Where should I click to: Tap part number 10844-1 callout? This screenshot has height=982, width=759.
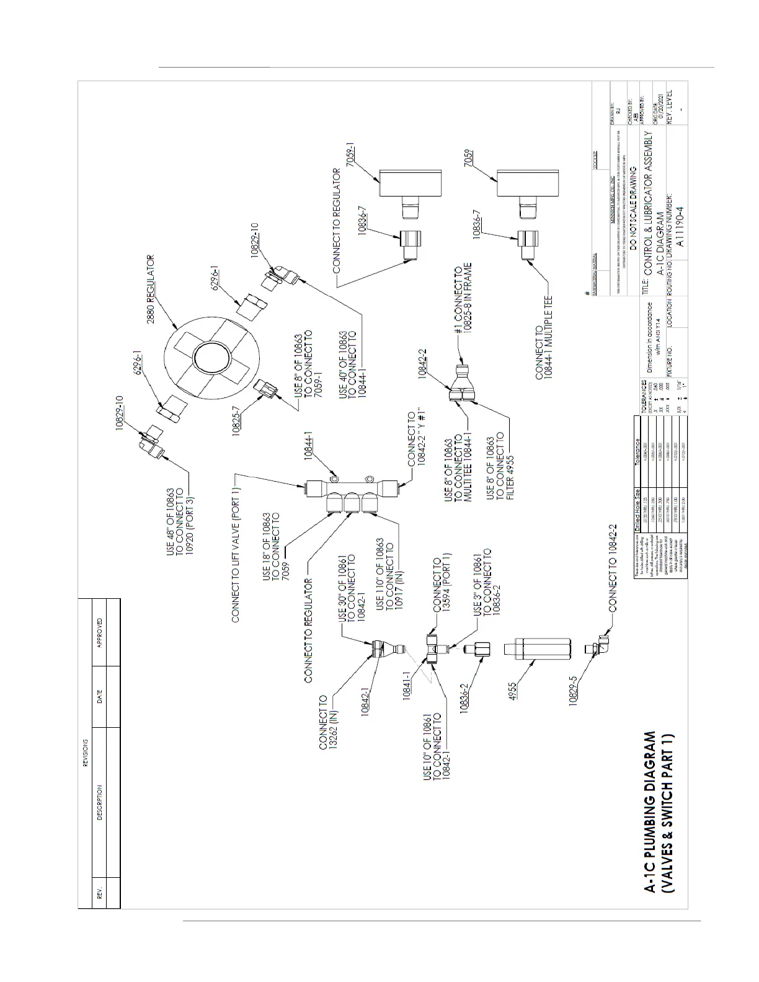click(x=309, y=445)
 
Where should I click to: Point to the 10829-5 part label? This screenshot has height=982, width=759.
click(x=574, y=689)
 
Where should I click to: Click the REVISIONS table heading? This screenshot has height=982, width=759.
click(x=85, y=752)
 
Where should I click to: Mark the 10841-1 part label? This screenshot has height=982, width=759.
click(x=407, y=685)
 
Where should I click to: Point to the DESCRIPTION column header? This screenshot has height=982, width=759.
click(x=100, y=803)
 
